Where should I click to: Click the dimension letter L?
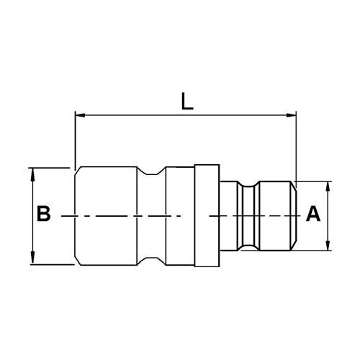coord(187,102)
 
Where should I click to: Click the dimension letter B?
coord(44,213)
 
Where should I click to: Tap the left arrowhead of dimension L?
coord(80,115)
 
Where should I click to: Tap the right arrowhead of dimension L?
coord(291,115)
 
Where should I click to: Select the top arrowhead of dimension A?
coord(328,187)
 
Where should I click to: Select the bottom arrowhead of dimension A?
coord(328,245)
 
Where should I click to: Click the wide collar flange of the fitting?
coord(207,215)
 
